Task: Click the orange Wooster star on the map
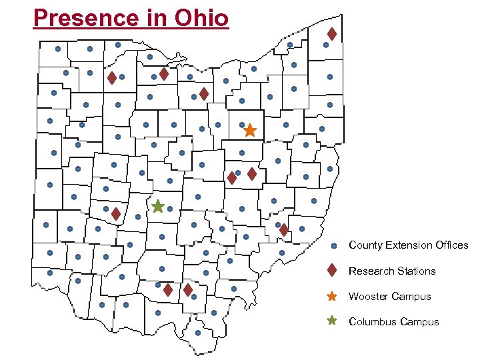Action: click(x=249, y=131)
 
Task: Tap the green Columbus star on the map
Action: click(x=157, y=207)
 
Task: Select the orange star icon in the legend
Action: click(x=332, y=296)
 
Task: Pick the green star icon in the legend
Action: click(x=332, y=321)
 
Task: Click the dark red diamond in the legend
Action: click(x=332, y=271)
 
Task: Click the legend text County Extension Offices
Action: click(x=408, y=245)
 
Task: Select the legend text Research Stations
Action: click(x=391, y=271)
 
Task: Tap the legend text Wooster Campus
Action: click(x=389, y=296)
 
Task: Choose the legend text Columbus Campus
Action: click(x=393, y=321)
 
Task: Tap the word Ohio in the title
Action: click(x=201, y=17)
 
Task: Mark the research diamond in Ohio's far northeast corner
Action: click(x=331, y=33)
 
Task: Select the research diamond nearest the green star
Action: click(x=115, y=214)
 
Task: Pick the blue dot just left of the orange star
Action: click(x=241, y=125)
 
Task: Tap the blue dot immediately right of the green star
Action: click(x=170, y=209)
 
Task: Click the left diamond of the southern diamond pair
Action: click(x=168, y=290)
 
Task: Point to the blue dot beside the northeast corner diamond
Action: click(x=325, y=45)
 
